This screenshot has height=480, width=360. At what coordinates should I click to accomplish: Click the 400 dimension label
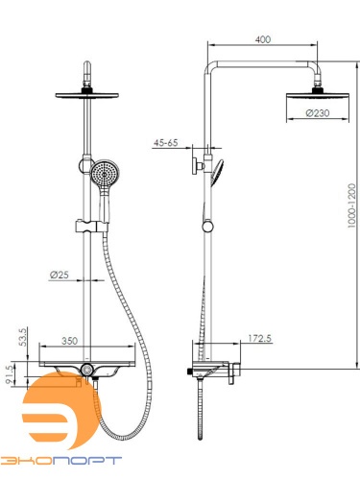pyautogui.click(x=263, y=39)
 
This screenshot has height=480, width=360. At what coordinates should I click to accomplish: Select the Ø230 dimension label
pyautogui.click(x=318, y=113)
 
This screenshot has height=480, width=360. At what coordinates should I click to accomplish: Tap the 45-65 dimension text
pyautogui.click(x=165, y=143)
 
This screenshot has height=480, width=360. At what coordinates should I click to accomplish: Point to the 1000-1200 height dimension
pyautogui.click(x=351, y=205)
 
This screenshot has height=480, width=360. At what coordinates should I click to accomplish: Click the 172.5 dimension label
pyautogui.click(x=259, y=338)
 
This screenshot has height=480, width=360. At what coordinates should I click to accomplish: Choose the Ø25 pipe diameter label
pyautogui.click(x=60, y=275)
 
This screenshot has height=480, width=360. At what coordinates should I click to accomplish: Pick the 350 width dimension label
pyautogui.click(x=69, y=341)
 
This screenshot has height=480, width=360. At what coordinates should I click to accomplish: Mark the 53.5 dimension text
pyautogui.click(x=23, y=336)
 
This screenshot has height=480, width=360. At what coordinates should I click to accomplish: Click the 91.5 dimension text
pyautogui.click(x=11, y=374)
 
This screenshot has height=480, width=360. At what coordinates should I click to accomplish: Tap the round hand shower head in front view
pyautogui.click(x=105, y=174)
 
